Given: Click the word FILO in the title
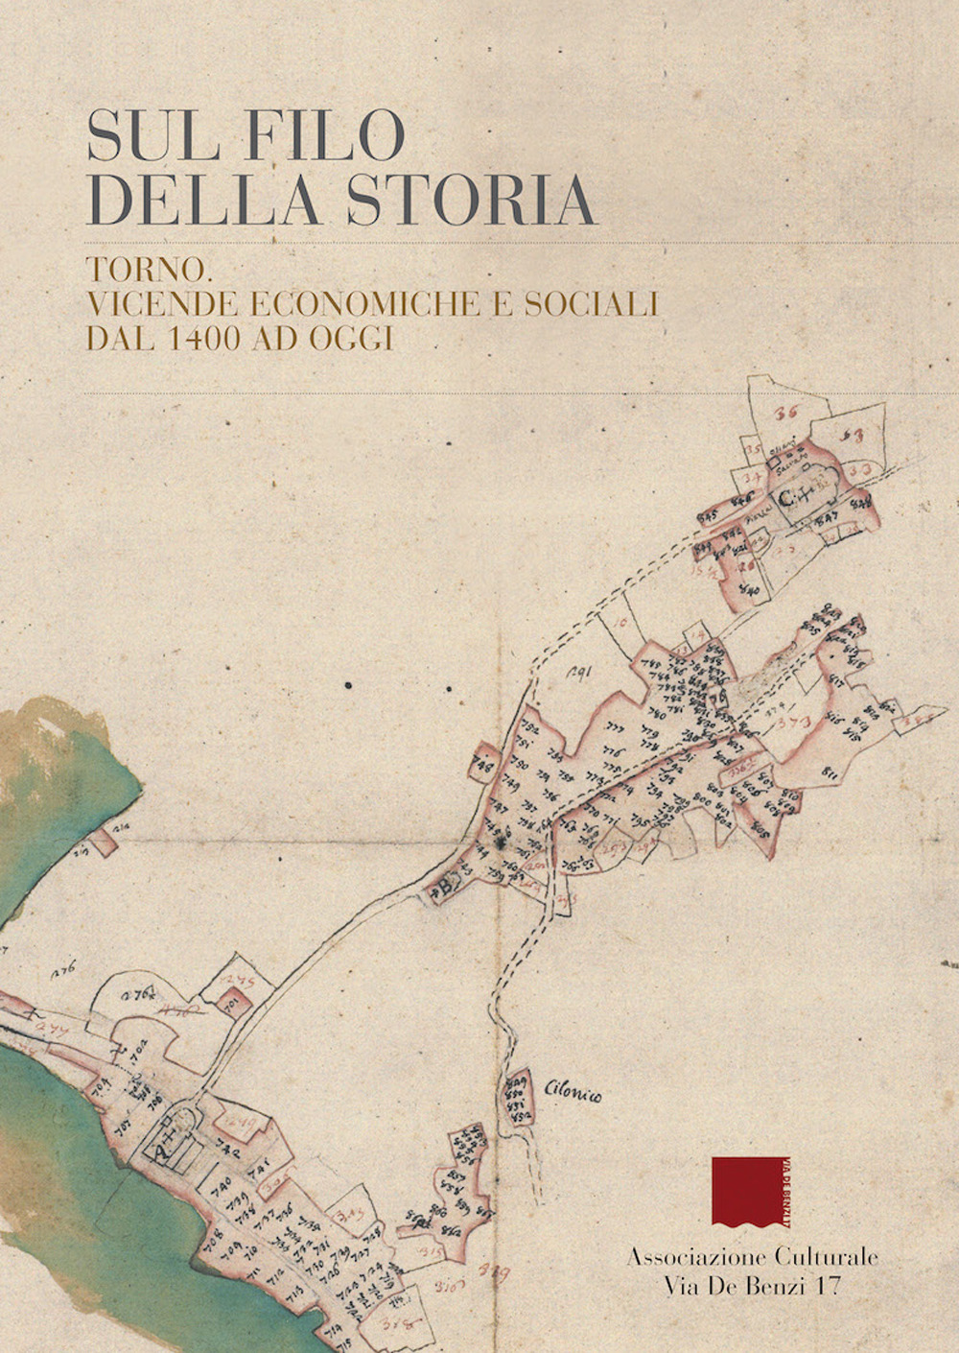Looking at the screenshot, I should pos(325,135).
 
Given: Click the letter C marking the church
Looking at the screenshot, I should pos(784,497).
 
